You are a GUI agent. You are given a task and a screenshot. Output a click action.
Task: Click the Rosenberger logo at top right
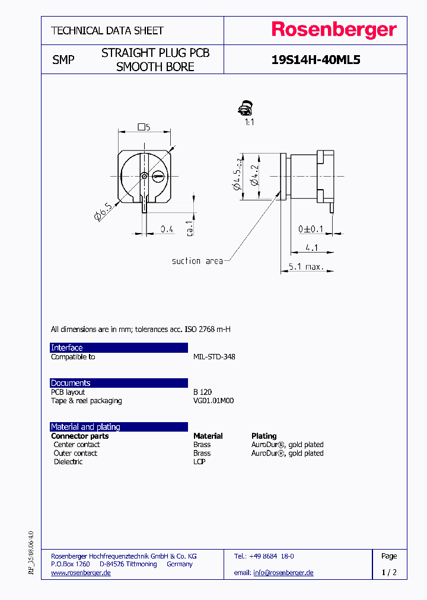[334, 30]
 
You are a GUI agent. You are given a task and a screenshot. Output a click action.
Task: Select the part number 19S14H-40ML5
[316, 60]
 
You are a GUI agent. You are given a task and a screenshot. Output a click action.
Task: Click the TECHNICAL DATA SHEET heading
[107, 30]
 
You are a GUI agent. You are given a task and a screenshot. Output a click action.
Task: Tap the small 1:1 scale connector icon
[246, 109]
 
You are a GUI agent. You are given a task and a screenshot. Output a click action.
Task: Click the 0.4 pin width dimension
[167, 229]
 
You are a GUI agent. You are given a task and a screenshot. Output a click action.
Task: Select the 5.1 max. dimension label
[306, 267]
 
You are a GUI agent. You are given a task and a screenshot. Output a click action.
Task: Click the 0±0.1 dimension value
[311, 229]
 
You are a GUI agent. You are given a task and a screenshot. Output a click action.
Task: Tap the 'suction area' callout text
[197, 261]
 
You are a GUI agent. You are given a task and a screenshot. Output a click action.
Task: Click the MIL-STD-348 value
[214, 357]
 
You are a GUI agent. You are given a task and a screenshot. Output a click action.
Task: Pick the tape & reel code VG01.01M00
[213, 401]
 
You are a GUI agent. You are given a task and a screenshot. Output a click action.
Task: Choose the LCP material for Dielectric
[199, 462]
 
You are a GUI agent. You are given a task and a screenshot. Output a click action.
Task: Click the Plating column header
[264, 436]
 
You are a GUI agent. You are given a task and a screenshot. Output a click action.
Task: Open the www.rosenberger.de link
[81, 573]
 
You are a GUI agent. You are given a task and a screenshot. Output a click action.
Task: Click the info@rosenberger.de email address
[283, 573]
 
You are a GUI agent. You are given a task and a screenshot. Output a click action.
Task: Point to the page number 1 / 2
[389, 573]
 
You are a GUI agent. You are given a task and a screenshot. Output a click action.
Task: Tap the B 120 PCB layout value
[202, 392]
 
